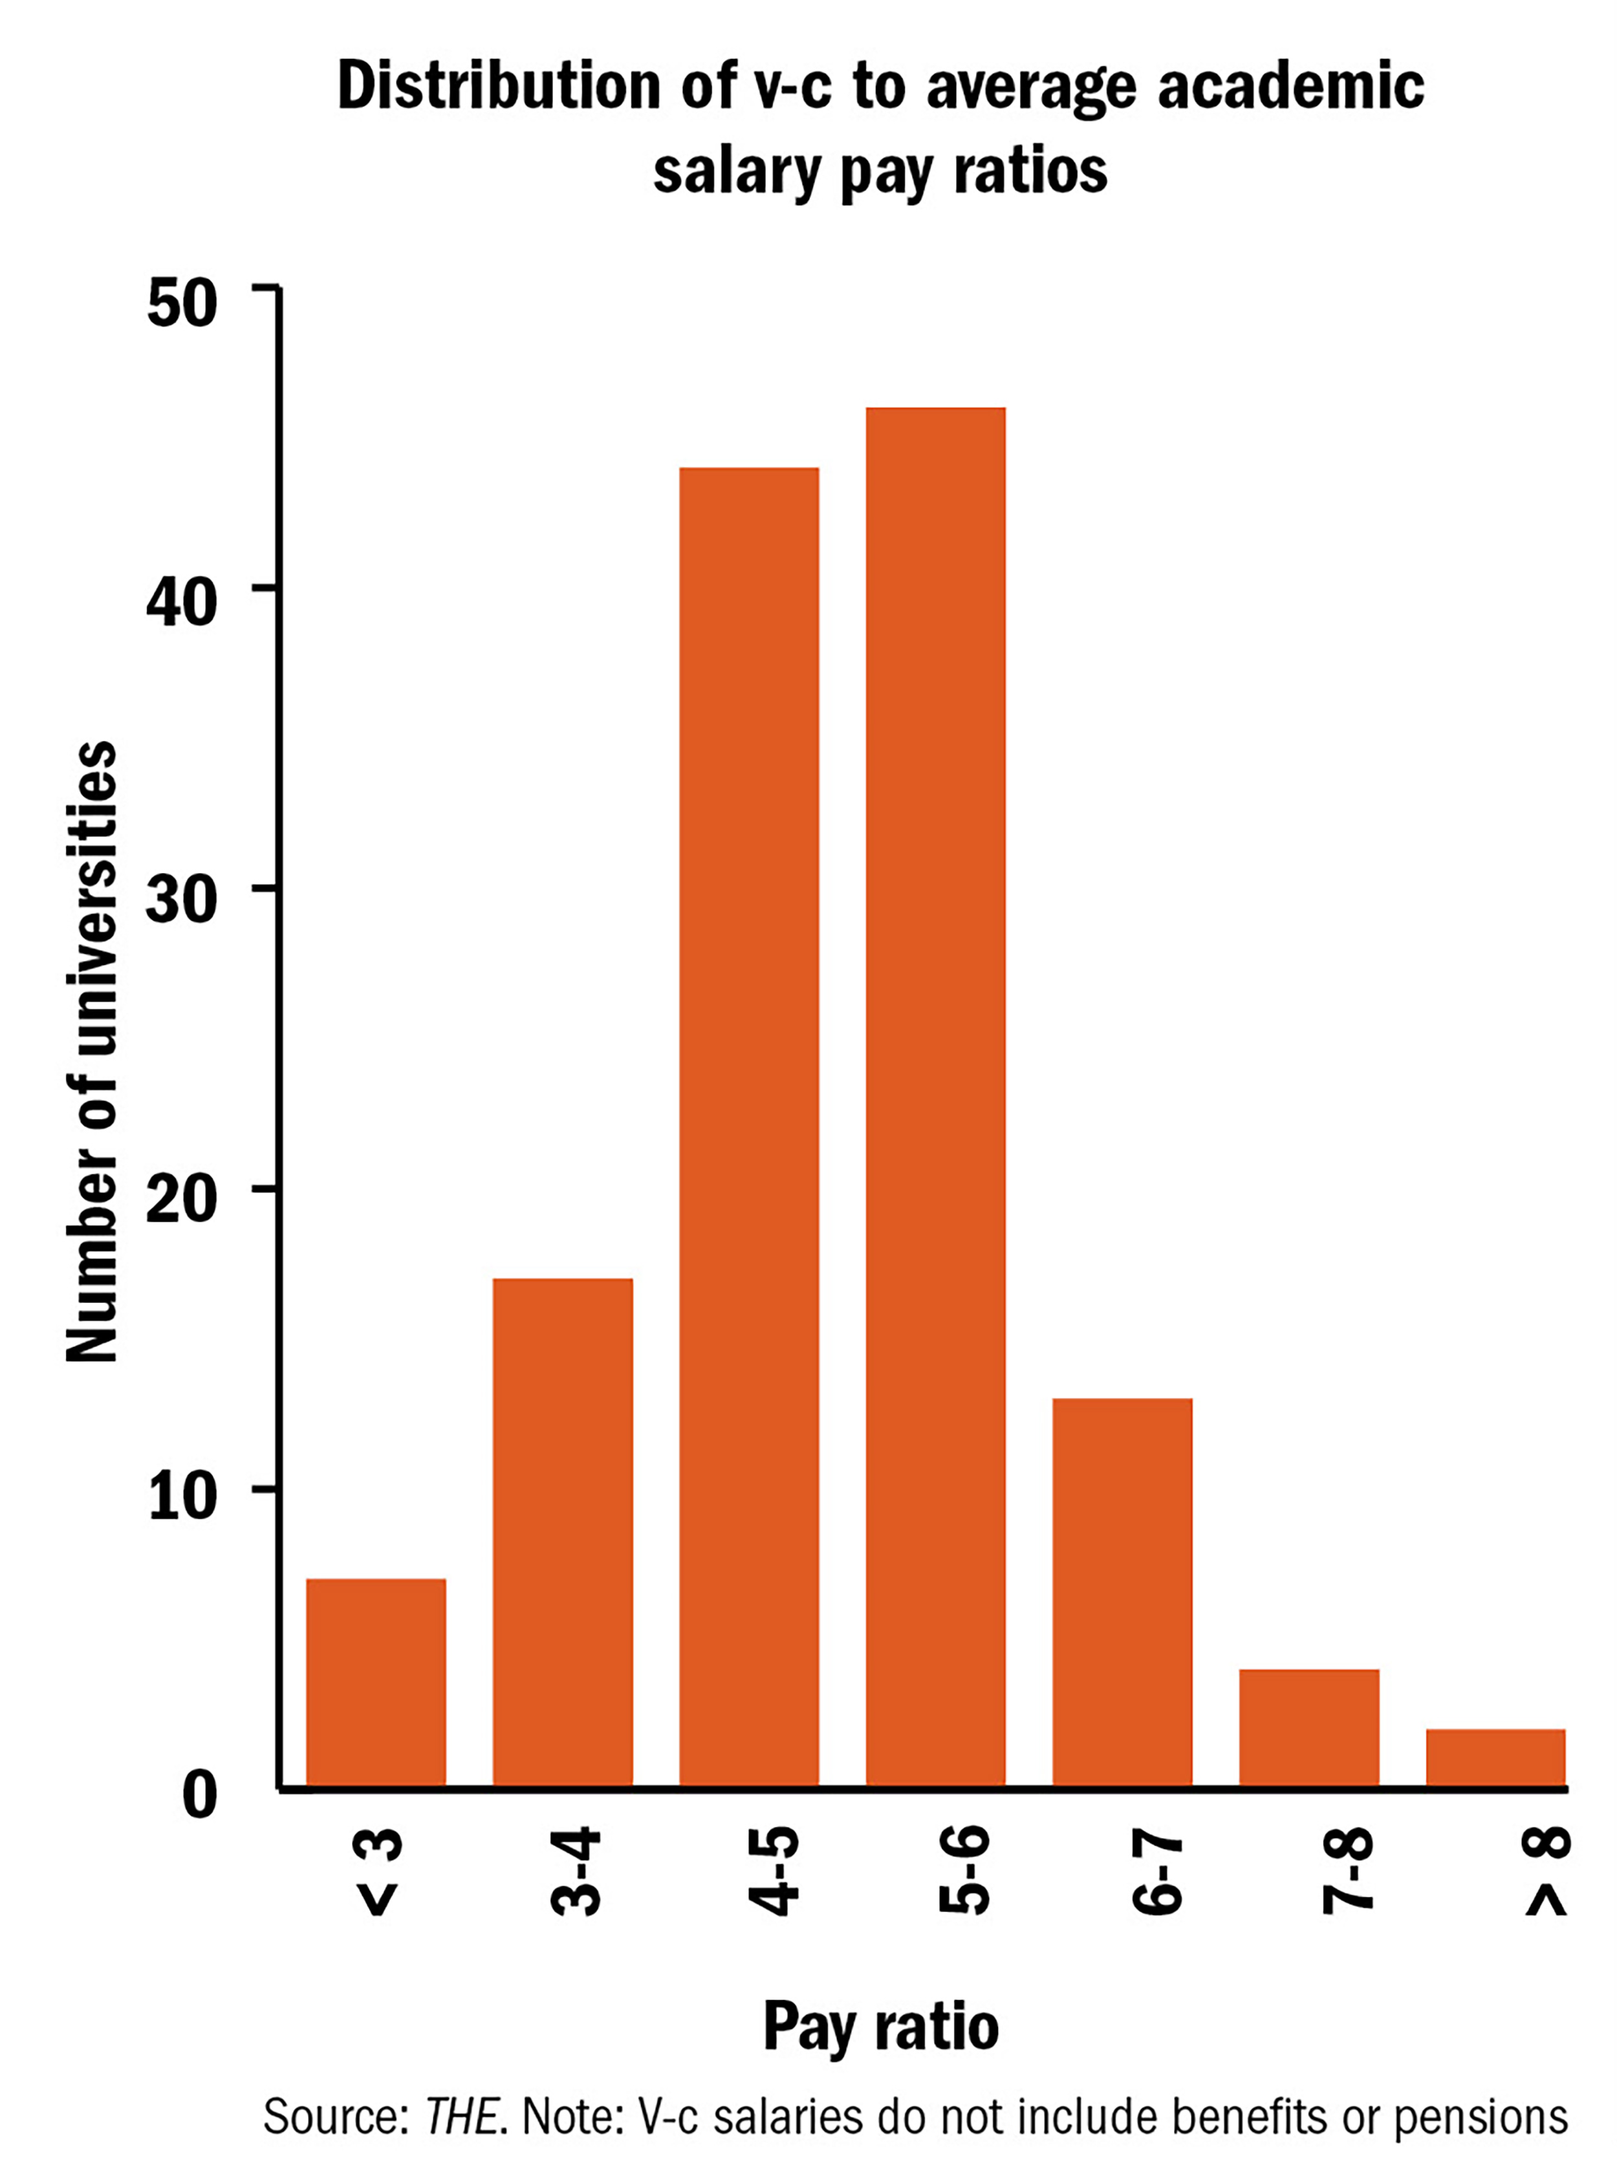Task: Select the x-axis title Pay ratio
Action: (x=881, y=2027)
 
